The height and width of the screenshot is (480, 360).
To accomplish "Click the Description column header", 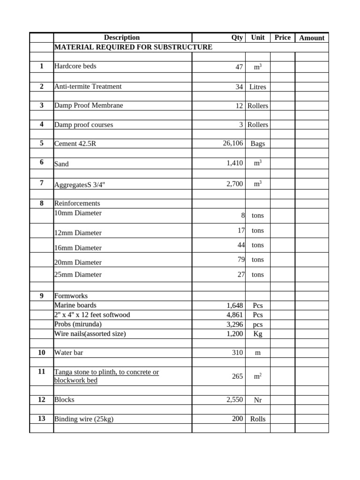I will tap(122, 37).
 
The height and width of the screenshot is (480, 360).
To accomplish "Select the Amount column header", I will tap(312, 38).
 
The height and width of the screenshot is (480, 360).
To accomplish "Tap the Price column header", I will tap(282, 37).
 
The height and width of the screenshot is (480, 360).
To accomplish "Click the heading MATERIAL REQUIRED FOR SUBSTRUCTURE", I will tap(133, 47).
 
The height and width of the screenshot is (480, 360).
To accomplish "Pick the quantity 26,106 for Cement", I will tap(233, 143).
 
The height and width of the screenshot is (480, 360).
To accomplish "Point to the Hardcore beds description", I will tap(75, 67).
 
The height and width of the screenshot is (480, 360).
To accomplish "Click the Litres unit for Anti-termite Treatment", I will tap(257, 87).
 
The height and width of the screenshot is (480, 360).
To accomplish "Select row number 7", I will tap(41, 183).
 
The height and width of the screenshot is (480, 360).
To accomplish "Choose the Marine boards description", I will tap(75, 306).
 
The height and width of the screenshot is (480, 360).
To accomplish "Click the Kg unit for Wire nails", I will tap(257, 334).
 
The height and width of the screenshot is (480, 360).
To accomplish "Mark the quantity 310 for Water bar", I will tap(237, 352).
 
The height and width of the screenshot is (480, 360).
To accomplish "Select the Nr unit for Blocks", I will tap(257, 400).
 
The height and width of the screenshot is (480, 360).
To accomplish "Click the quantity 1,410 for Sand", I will tap(234, 164).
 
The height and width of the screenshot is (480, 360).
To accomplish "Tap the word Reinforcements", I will tap(77, 203).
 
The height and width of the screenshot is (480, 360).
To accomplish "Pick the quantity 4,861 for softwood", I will tap(234, 315).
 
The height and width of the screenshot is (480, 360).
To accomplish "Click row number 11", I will tap(41, 372).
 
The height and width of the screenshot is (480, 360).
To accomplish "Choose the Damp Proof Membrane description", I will tap(89, 105).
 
